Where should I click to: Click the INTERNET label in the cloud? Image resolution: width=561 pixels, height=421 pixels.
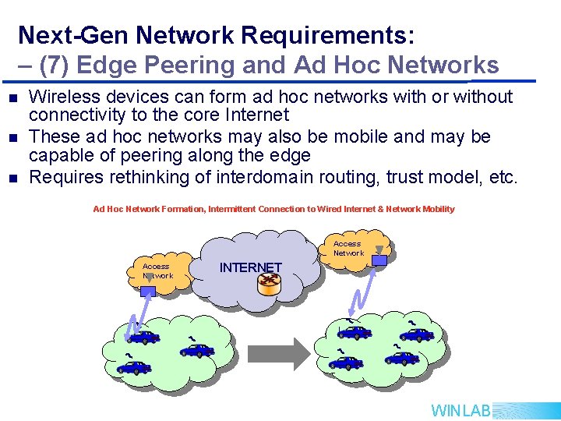[x=250, y=267]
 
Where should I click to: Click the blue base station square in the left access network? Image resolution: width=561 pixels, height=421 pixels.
[x=149, y=289]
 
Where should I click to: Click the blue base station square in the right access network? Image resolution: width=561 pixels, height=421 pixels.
[x=379, y=260]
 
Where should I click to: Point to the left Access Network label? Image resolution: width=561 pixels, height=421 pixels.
[x=157, y=271]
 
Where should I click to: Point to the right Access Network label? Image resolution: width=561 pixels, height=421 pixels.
[x=348, y=248]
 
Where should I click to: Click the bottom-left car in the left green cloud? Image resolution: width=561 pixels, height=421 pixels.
[x=134, y=366]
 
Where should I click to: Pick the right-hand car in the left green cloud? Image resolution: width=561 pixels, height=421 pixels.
[x=196, y=350]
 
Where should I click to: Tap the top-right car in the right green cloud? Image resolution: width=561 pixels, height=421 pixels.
[x=417, y=334]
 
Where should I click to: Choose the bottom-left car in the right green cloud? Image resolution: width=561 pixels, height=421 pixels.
[x=346, y=362]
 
